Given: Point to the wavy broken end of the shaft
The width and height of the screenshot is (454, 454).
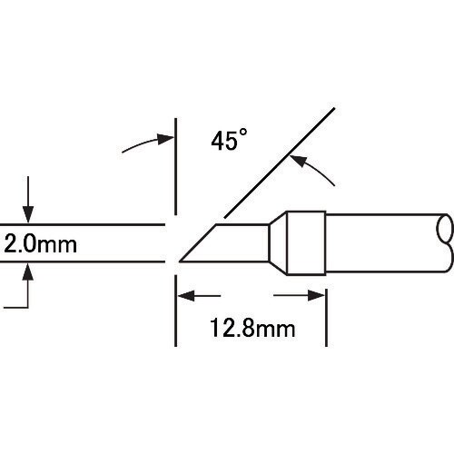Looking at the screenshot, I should pos(448,242).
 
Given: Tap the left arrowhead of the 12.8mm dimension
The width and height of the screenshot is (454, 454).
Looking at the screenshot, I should pos(182,295).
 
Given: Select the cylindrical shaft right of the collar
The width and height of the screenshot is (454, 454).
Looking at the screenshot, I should pos(381,242).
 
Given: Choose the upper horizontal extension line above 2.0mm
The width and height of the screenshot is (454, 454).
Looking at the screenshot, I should pos(82,223).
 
